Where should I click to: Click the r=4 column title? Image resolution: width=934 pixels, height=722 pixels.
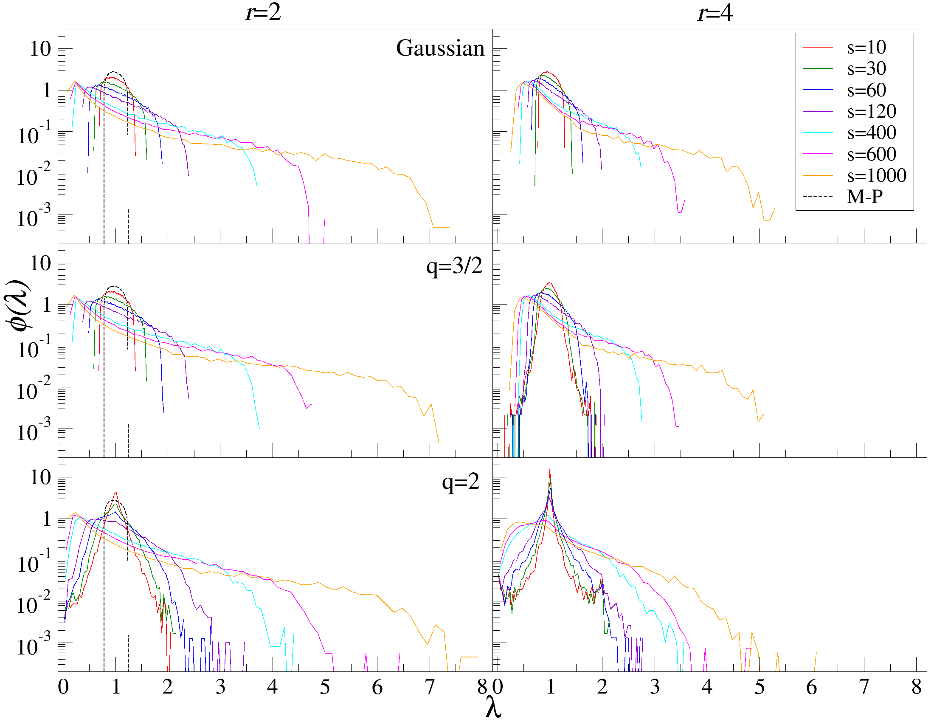coord(715,13)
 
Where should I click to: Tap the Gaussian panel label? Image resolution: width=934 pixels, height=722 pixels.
coord(440,48)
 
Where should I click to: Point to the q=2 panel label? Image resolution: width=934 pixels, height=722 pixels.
coord(461,482)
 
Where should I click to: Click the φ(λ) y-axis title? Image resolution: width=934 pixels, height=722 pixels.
coord(19,305)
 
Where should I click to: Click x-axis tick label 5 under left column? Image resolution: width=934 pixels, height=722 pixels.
coord(325,687)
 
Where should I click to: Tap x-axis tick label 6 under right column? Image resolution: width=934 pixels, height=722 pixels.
coord(811,687)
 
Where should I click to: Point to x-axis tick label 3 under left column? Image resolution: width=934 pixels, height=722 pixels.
coord(220,687)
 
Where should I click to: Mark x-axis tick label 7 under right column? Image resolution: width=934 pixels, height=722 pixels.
coord(864,687)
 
